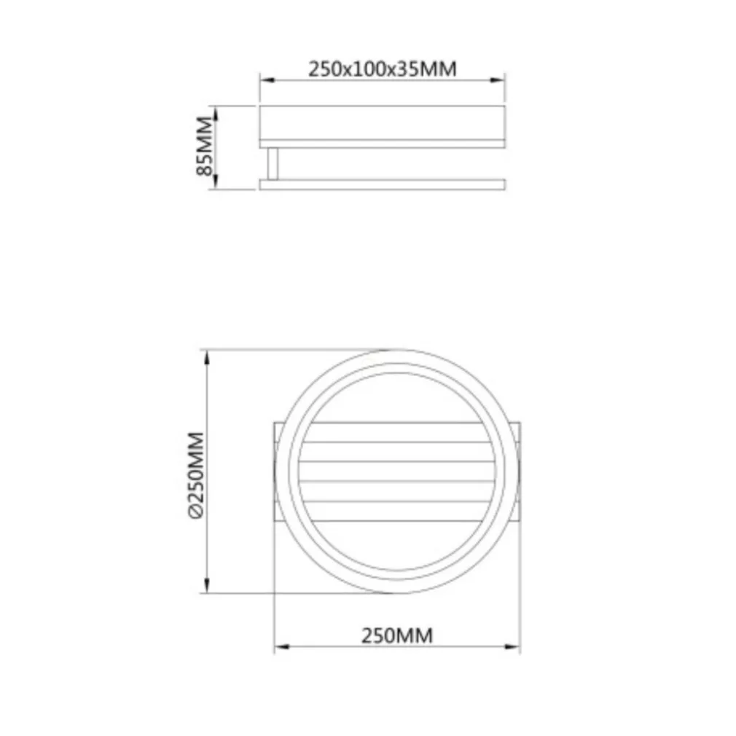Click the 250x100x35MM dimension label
point(382,69)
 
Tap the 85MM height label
point(205,146)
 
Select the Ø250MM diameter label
point(196,475)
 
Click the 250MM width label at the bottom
point(397,635)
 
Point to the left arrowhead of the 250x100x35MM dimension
point(267,80)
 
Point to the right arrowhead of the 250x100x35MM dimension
point(498,80)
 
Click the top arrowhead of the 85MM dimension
point(216,114)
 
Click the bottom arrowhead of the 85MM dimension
point(216,182)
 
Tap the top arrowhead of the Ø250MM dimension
point(206,357)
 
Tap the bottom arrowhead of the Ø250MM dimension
point(206,585)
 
